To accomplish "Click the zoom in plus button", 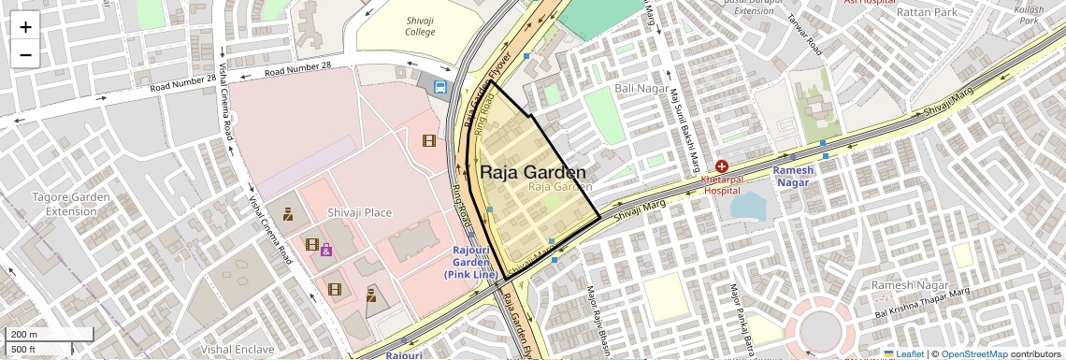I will (x=25, y=26).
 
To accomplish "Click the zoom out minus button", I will (x=25, y=54).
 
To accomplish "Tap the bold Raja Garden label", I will (x=533, y=172).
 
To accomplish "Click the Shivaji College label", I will (x=420, y=25).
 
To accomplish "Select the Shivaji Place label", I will (x=359, y=212).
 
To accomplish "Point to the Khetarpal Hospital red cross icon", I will (x=722, y=166).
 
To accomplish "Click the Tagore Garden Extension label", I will (x=71, y=204).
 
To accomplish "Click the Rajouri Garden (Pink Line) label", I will (x=470, y=263).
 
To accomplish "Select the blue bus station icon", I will (x=439, y=87).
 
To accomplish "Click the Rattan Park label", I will (x=926, y=12).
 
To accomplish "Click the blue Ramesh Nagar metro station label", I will (x=793, y=177).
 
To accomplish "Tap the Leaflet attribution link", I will (x=903, y=353).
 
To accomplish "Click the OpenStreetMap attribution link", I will (x=974, y=353).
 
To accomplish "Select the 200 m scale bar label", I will (x=24, y=335).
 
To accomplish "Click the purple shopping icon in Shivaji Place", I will (x=326, y=250).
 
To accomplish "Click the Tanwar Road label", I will (x=803, y=35).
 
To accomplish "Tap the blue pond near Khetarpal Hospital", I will (x=747, y=206).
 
